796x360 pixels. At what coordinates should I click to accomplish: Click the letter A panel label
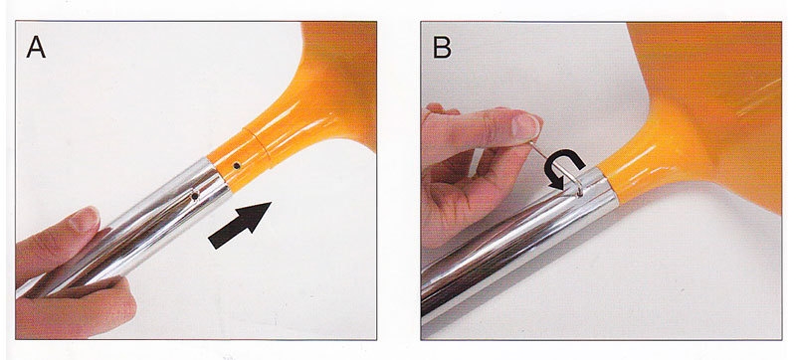click(36, 47)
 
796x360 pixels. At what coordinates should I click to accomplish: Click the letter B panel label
click(442, 47)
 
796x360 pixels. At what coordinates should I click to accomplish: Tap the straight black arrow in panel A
click(240, 225)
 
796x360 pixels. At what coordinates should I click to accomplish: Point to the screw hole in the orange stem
click(237, 166)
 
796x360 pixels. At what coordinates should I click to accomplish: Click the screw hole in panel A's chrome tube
click(194, 196)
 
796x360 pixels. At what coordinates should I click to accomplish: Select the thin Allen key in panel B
click(558, 167)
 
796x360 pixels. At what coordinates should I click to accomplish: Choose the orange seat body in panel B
click(710, 111)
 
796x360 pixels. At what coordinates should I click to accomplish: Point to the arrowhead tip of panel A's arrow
click(271, 202)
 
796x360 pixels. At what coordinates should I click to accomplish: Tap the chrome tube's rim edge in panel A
click(219, 176)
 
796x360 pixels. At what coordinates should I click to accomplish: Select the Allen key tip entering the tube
click(579, 192)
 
